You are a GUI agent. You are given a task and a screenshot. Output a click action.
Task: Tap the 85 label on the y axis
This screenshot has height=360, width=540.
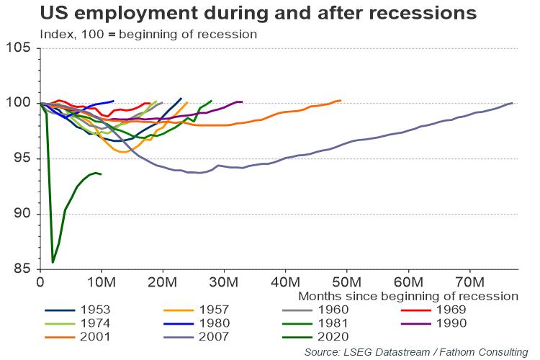(22, 269)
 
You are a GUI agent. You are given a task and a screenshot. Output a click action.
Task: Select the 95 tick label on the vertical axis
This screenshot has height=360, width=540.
(22, 158)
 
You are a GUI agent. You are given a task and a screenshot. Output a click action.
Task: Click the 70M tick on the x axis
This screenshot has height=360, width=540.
(469, 280)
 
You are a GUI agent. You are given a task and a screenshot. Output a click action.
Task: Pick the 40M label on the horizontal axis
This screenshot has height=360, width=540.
(286, 280)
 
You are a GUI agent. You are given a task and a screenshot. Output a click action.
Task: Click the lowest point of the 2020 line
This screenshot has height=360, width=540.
(53, 262)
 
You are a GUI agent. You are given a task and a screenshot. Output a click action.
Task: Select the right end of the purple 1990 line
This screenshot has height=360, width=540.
(242, 102)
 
